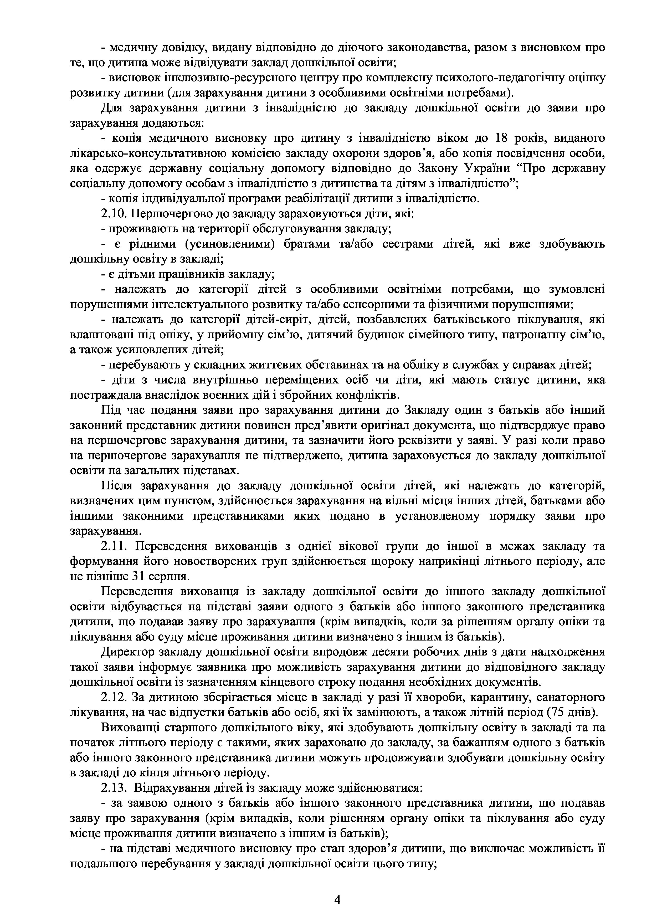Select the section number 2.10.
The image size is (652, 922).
(114, 214)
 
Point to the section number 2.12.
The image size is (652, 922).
(114, 698)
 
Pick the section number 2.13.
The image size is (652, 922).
(114, 788)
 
